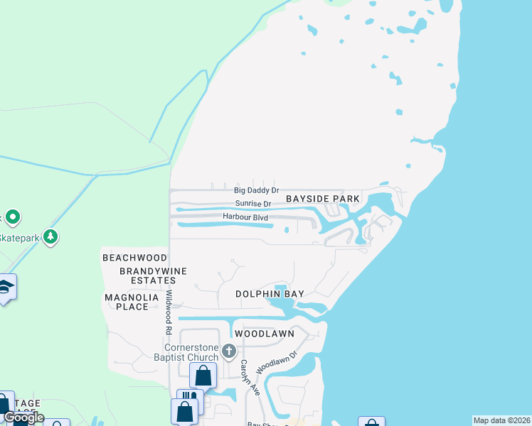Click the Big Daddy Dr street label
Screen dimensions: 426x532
point(257,191)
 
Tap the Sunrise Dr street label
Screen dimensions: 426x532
point(253,204)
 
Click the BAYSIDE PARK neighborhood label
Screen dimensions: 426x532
point(323,200)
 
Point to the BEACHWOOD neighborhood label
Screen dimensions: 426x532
point(134,258)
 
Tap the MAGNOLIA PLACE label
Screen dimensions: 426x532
point(127,302)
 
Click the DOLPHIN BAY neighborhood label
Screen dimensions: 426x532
point(270,294)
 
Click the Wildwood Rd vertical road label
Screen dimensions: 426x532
point(169,312)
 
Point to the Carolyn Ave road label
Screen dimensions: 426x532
point(248,377)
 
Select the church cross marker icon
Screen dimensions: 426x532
point(229,351)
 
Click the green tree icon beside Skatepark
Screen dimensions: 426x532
point(50,236)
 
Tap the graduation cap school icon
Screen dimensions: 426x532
point(6,287)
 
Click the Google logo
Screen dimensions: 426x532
point(23,417)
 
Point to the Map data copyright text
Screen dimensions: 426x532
point(502,420)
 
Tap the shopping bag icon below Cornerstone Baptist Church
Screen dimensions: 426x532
point(203,374)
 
